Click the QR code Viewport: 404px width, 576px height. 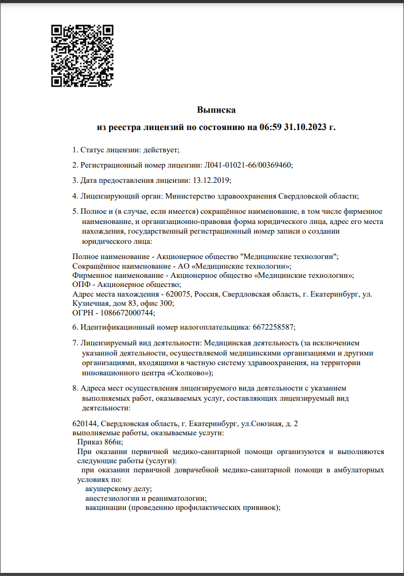pyautogui.click(x=82, y=55)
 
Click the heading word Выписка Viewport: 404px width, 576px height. pyautogui.click(x=216, y=110)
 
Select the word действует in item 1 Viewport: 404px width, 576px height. pyautogui.click(x=161, y=150)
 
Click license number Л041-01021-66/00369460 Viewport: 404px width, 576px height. pyautogui.click(x=248, y=165)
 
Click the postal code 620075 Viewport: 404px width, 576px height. pyautogui.click(x=177, y=294)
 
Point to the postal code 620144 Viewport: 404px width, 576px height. pyautogui.click(x=85, y=424)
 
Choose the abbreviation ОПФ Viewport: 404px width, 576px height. pyautogui.click(x=81, y=284)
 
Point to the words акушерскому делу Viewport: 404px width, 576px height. pyautogui.click(x=118, y=489)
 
